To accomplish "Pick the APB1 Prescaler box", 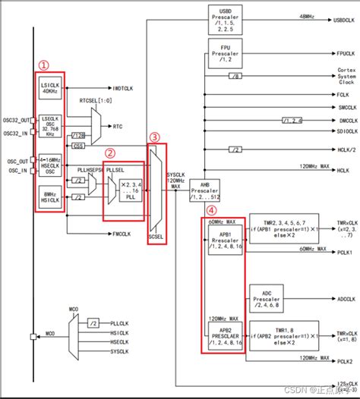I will click(x=225, y=241).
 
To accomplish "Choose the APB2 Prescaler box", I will click(x=225, y=335).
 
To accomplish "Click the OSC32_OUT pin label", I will click(x=14, y=120).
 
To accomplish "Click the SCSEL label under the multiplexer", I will click(x=156, y=236).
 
